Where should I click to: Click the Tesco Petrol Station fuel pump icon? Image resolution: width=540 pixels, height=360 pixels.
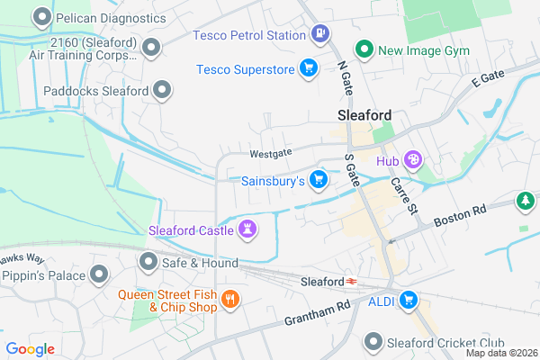319,35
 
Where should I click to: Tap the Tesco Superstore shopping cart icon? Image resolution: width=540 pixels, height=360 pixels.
309,68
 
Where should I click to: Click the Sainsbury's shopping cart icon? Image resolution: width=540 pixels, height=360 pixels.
318,180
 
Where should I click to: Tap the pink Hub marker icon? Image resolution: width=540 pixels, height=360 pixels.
413,160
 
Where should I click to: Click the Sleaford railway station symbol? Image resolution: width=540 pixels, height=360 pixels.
351,282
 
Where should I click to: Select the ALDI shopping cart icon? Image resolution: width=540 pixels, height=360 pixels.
409,300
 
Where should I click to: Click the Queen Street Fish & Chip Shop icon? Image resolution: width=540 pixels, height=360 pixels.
230,299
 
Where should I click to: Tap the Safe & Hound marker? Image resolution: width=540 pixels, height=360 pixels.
148,262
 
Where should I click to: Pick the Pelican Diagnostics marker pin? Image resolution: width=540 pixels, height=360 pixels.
41,17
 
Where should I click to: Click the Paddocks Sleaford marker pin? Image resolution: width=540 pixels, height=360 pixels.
162,90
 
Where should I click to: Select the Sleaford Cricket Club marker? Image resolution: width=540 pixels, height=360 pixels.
374,341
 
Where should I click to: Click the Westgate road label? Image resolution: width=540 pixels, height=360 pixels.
271,154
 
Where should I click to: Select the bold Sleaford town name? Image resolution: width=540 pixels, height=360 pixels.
364,115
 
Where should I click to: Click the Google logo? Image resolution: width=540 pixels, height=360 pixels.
30,349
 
